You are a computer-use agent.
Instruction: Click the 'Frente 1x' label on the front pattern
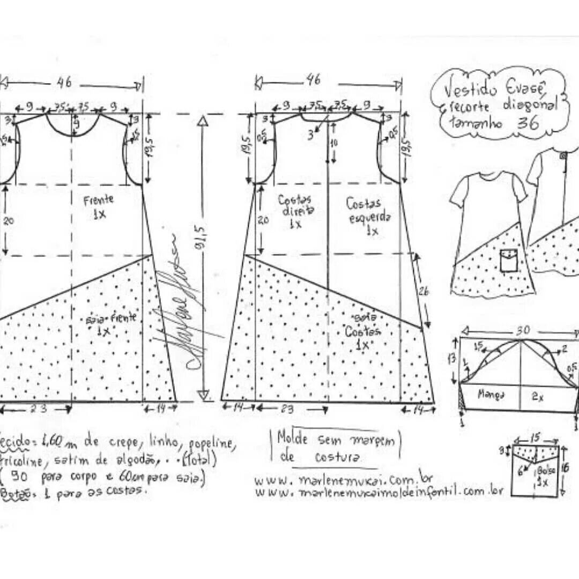pos(99,206)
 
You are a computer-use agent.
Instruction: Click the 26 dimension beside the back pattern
pos(423,291)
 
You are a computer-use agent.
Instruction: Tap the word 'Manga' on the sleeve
pos(491,395)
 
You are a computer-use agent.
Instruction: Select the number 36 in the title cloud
pos(528,123)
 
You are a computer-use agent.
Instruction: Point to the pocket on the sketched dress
pos(508,260)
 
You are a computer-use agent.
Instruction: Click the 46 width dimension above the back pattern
pos(315,80)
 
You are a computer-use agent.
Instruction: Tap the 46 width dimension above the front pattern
pos(65,83)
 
